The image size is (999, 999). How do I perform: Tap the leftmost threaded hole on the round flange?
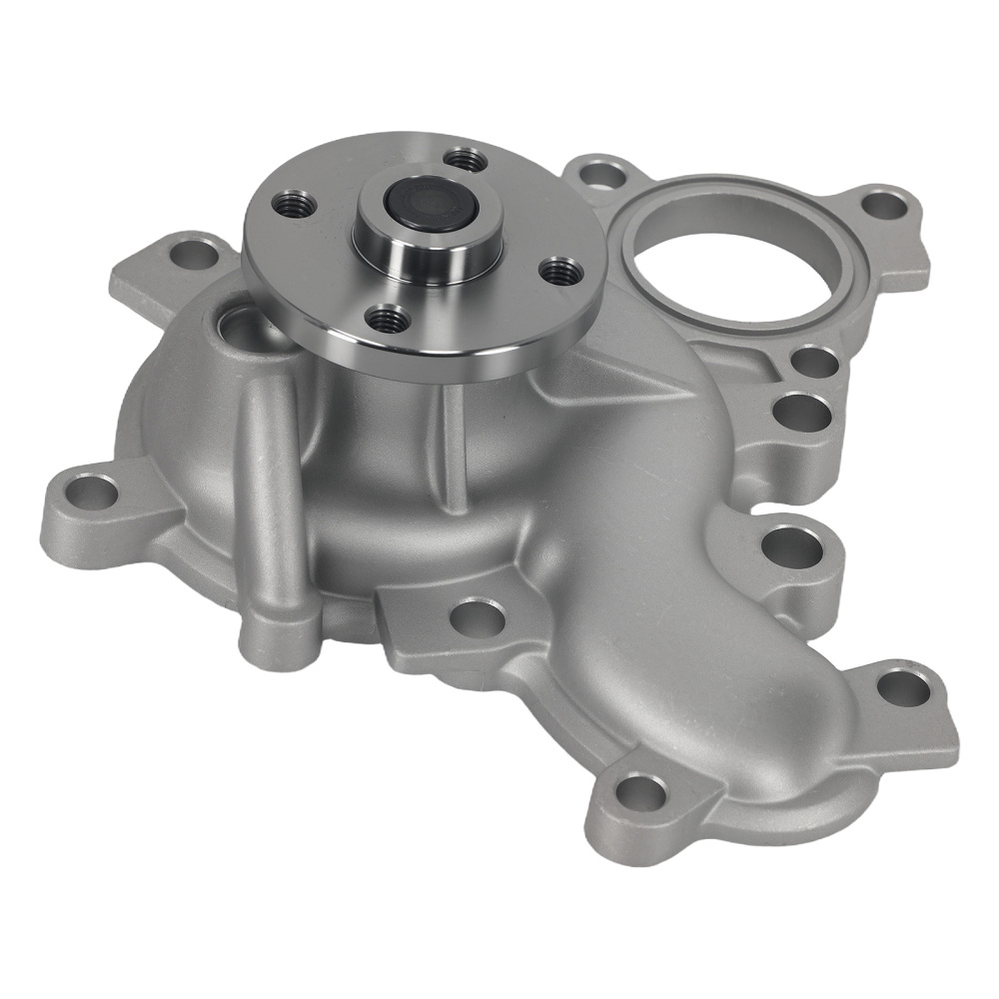295,204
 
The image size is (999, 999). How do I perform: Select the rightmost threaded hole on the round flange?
561,270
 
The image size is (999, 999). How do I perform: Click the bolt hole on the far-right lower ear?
903,686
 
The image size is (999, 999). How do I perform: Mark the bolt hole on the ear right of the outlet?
882,207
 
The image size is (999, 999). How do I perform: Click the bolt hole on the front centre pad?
479,616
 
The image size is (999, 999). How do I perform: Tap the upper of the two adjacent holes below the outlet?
815,362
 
